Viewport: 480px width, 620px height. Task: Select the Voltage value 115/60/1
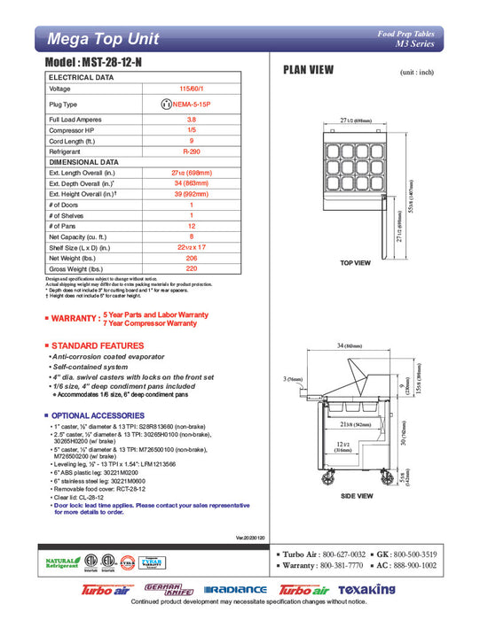(191, 89)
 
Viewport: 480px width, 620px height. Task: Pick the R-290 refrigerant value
(191, 151)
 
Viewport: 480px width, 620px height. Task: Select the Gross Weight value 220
(191, 268)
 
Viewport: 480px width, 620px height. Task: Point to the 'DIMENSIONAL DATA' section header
(83, 162)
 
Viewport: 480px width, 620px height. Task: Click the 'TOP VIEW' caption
(355, 263)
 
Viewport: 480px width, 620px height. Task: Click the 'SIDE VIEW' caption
(354, 497)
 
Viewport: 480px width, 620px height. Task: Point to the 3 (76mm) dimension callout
(293, 379)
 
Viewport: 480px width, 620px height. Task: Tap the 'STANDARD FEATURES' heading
(98, 345)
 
